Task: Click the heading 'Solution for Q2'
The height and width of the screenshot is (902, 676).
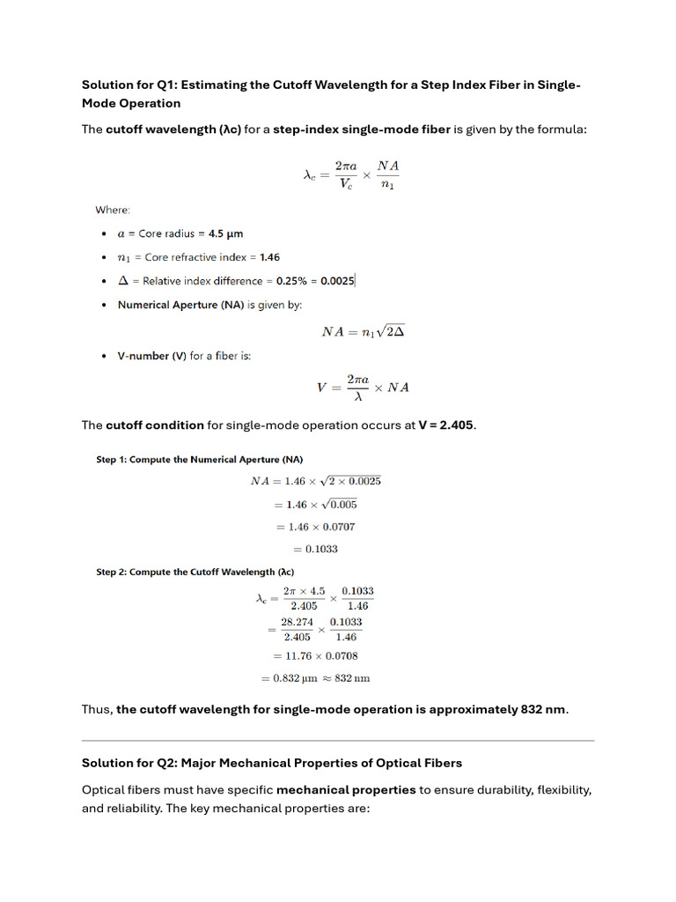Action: pos(272,762)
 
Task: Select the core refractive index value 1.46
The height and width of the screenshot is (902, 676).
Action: pos(269,257)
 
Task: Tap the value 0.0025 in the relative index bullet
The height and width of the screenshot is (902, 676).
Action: pos(337,281)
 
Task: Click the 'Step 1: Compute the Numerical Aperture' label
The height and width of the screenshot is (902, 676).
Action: pos(200,460)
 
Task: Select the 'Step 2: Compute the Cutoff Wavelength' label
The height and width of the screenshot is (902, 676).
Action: pos(195,572)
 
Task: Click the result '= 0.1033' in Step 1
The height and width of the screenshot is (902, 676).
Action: pos(316,549)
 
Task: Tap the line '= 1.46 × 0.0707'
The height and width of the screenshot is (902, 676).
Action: pos(316,527)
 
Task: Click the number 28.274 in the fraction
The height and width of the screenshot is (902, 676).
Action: pos(296,622)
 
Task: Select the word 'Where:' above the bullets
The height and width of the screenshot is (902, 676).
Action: pos(113,210)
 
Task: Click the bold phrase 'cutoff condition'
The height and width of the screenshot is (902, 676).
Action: pos(155,425)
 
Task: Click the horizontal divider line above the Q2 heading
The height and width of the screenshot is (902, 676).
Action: pos(338,740)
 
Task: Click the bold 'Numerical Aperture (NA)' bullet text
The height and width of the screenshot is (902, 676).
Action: pos(180,305)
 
